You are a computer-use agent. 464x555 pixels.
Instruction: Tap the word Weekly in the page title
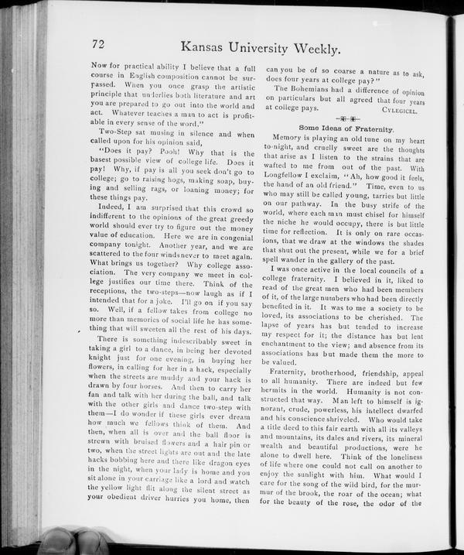point(312,48)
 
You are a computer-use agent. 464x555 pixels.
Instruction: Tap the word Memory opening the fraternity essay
point(290,137)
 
